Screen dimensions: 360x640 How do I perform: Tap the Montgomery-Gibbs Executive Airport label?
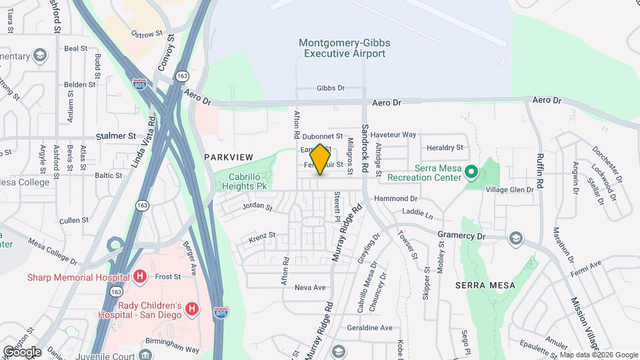click(344, 48)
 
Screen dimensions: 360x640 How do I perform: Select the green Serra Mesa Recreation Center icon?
click(472, 173)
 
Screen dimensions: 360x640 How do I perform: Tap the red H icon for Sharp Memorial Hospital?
click(140, 277)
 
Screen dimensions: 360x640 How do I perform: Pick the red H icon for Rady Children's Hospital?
click(192, 309)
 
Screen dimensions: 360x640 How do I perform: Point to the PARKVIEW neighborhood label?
click(228, 157)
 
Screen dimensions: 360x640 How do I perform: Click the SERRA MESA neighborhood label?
click(485, 285)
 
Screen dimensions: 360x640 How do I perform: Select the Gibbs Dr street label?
click(331, 88)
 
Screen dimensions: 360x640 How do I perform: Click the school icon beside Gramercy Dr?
click(515, 238)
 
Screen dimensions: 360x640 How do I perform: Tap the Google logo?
click(21, 351)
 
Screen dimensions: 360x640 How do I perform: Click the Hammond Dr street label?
click(395, 199)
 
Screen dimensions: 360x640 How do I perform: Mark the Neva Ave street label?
click(309, 287)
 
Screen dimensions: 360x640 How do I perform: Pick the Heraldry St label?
click(445, 147)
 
